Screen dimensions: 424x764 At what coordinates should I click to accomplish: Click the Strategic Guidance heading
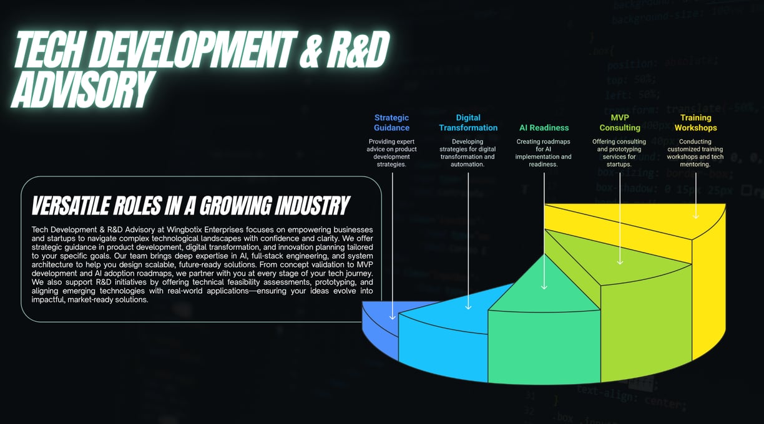click(x=392, y=122)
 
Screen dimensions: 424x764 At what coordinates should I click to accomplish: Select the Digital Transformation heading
click(x=468, y=122)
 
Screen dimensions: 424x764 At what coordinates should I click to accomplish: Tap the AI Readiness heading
click(x=544, y=128)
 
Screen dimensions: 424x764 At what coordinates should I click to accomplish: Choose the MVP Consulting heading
click(x=620, y=122)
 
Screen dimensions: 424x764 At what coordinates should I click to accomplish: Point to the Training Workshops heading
click(x=695, y=122)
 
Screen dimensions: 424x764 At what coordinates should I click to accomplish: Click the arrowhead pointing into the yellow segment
click(x=695, y=216)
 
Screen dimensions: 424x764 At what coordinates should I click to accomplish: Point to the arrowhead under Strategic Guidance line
click(x=393, y=317)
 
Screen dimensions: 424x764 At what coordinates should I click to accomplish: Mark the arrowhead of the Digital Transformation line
click(x=468, y=306)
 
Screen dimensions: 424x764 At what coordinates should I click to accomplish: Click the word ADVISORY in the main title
click(x=81, y=89)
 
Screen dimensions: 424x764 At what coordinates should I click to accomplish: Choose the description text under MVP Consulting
click(x=619, y=153)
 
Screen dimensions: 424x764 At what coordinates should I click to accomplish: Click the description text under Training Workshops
click(x=695, y=153)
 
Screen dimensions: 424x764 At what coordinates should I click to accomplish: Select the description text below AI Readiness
click(x=544, y=153)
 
